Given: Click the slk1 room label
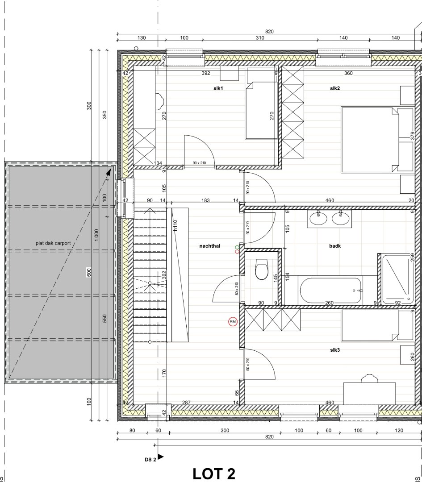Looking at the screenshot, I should (218, 88).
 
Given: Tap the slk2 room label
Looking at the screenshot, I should (335, 88).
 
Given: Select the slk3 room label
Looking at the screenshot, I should (335, 350).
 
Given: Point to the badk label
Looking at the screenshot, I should (335, 245).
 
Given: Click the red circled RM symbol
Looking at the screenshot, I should (233, 321).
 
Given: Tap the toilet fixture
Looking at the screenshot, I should (261, 270).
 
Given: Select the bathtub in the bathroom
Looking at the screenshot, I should (330, 291).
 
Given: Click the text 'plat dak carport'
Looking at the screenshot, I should (53, 243).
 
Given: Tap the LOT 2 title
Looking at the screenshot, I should (214, 474).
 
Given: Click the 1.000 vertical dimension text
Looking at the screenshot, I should (96, 235).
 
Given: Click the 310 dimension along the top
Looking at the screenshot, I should (260, 38).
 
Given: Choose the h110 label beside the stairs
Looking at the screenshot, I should (175, 225).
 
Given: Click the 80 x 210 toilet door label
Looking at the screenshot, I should (237, 289).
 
